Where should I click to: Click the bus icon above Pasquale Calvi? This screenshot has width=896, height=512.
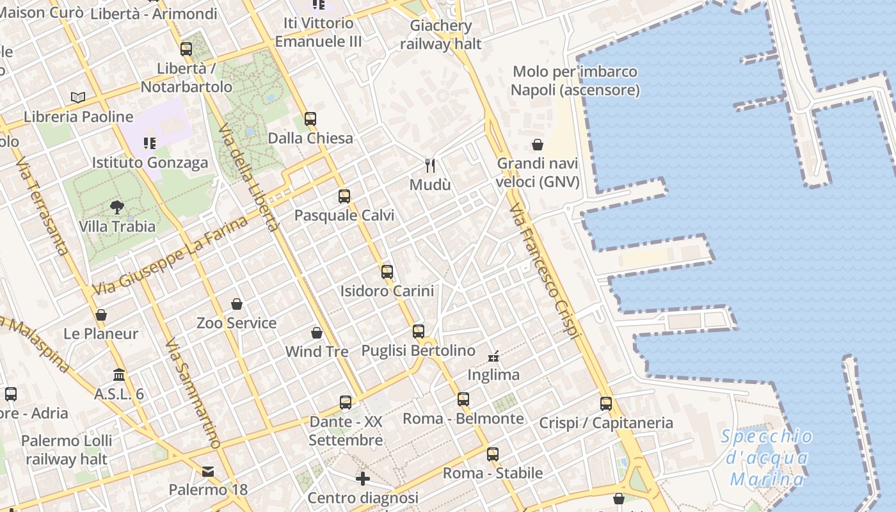pos(344,196)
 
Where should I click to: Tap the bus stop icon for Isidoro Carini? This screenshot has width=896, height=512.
pos(387,271)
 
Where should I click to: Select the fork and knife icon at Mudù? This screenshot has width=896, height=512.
pos(430,166)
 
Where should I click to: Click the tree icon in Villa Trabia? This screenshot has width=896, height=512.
pos(116,207)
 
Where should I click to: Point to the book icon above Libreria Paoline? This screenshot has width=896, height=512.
pos(78,97)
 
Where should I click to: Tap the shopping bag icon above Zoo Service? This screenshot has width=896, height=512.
pos(237,303)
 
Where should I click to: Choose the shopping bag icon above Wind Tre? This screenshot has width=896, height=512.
pos(317,333)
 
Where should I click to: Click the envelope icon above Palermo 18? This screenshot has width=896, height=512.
pos(208,472)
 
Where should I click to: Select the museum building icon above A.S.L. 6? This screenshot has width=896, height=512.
pos(119,374)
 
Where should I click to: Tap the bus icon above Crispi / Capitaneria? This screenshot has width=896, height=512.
pos(606,404)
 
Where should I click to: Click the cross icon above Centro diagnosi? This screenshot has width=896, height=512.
pos(363,479)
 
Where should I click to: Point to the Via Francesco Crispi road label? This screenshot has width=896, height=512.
pos(545,271)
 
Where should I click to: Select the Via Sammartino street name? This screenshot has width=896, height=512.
pos(192,394)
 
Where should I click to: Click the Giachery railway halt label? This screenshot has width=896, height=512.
pos(441,35)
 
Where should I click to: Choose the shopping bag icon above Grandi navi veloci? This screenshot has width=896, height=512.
pos(538,145)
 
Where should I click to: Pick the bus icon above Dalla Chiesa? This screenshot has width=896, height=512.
pos(310,118)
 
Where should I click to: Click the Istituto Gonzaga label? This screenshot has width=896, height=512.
pos(150,163)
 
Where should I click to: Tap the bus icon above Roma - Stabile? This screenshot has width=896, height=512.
pos(492,454)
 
